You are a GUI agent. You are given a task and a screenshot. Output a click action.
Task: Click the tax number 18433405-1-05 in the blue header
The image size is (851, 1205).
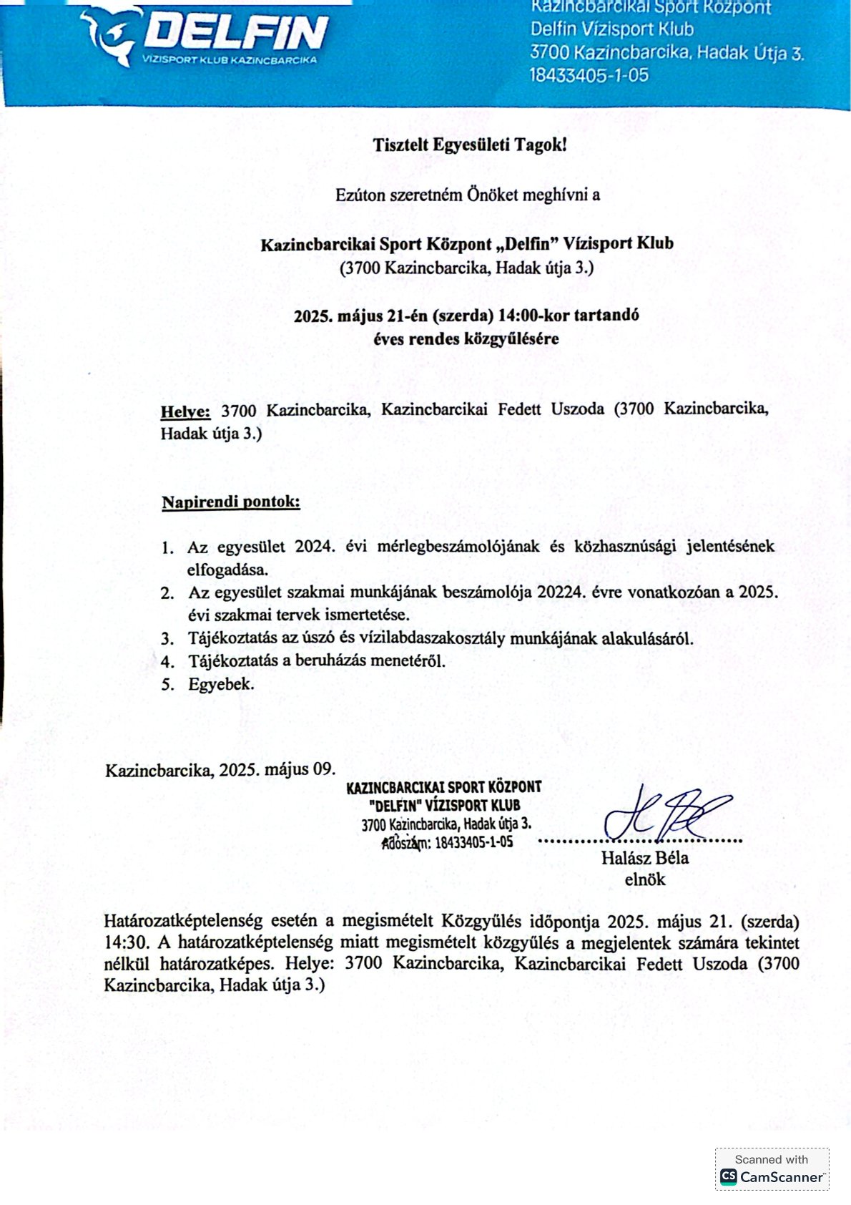[589, 75]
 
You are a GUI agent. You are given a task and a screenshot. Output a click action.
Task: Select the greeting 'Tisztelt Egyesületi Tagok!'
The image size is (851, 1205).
[469, 145]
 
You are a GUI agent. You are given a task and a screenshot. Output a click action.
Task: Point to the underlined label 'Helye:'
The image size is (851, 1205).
[185, 411]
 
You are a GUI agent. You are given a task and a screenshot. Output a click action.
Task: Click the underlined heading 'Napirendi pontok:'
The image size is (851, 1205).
[231, 502]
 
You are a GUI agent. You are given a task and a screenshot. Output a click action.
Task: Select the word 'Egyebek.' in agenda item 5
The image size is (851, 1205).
[221, 684]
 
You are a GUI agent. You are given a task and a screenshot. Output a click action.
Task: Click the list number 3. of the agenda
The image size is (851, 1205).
[167, 638]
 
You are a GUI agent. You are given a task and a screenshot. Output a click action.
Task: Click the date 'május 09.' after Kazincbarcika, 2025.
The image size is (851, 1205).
[300, 770]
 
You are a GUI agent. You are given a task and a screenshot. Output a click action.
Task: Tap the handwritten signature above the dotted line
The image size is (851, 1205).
[665, 814]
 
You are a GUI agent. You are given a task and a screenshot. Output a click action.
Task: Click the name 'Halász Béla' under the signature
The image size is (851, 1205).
[644, 858]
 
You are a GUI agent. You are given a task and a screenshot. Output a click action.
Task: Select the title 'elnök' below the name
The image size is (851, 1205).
[644, 879]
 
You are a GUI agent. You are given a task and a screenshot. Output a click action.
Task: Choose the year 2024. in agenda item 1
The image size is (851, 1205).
[315, 547]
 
